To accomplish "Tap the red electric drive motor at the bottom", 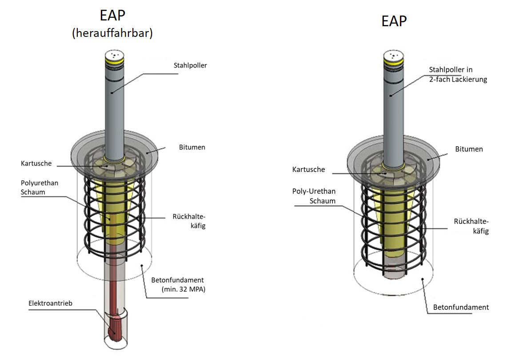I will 116,329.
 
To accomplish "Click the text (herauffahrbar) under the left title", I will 112,33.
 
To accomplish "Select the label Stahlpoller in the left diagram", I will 190,65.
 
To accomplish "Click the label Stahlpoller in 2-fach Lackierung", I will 457,75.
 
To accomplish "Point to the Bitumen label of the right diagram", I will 469,149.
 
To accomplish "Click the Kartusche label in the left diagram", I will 36,163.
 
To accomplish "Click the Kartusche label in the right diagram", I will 308,169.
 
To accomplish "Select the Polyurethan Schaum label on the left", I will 39,188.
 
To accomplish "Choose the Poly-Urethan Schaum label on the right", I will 314,196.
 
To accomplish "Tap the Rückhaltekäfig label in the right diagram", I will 471,226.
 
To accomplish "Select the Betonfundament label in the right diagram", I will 461,307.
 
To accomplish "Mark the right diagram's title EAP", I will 394,21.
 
